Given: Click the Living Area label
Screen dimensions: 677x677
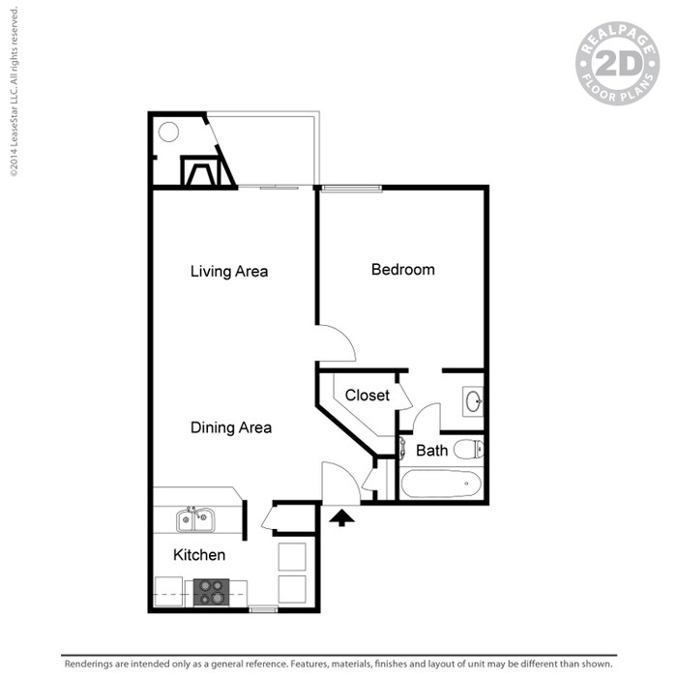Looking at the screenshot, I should [229, 272].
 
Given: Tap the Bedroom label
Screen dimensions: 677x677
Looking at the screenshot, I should [402, 270].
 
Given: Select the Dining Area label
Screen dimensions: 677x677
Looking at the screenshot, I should [230, 427].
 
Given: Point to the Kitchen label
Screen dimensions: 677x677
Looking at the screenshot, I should [199, 555].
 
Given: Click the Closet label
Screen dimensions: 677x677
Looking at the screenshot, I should [368, 396].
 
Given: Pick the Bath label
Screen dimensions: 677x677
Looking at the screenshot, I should [431, 451].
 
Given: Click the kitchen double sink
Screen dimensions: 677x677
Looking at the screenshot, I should [195, 519].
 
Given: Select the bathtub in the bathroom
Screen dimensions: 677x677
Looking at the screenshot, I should [440, 483].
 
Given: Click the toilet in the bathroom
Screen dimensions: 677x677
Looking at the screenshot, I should [467, 449].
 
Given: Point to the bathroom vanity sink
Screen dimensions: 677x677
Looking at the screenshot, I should [473, 399].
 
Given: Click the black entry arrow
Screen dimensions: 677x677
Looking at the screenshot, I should [342, 518].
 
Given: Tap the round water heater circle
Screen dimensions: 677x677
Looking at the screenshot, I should [168, 132].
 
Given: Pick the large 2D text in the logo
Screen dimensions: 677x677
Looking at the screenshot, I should [617, 65].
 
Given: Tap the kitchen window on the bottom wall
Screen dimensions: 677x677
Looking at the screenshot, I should [263, 609].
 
